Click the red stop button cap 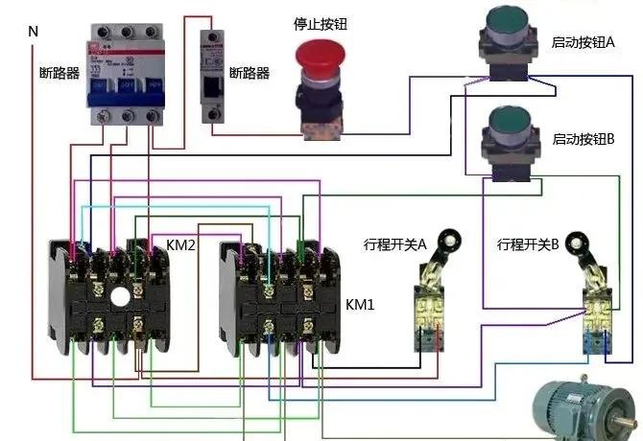(x=319, y=54)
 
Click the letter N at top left (x=33, y=32)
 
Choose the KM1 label (x=360, y=304)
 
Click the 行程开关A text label (x=395, y=245)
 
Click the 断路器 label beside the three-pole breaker (x=58, y=73)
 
